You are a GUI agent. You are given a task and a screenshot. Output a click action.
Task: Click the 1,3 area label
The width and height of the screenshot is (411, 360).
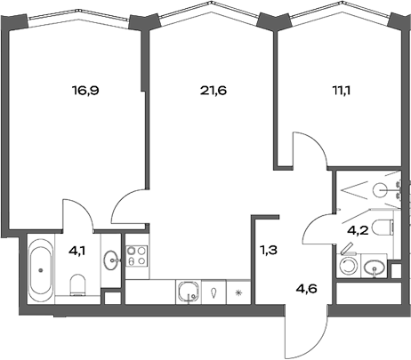[x=268, y=251]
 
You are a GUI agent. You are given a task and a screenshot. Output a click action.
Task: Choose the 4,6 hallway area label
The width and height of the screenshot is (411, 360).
[x=307, y=287]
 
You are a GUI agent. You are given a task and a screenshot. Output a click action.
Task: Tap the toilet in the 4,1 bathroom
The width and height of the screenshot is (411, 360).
[x=77, y=284]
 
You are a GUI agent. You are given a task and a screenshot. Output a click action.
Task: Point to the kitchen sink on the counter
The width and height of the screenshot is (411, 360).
[x=188, y=291]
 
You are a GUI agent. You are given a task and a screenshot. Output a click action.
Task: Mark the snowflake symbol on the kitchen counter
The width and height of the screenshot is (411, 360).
[x=238, y=292]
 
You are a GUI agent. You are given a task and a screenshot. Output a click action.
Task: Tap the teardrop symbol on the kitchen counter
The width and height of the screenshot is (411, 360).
[x=214, y=292]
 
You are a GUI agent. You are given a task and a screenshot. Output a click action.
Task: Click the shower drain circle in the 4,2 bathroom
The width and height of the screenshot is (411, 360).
[x=380, y=188]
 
